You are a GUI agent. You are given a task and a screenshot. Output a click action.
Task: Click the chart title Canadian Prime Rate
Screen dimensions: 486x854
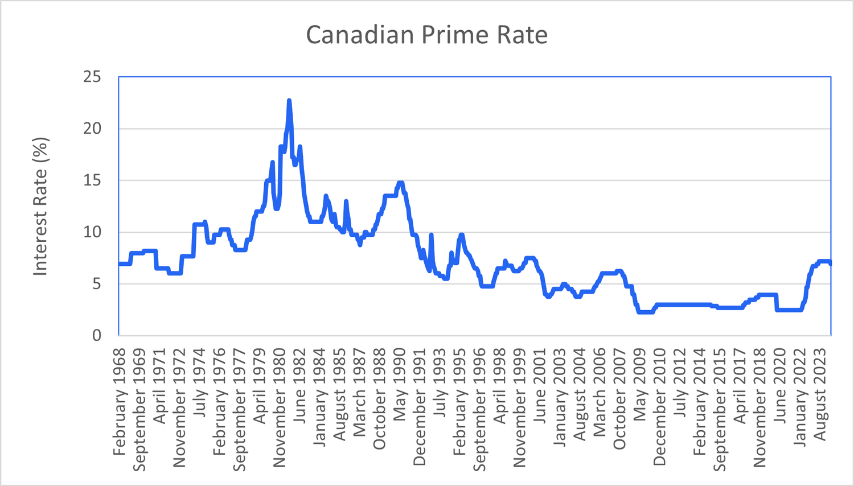(427, 35)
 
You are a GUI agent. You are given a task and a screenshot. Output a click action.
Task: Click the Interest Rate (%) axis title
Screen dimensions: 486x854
(40, 207)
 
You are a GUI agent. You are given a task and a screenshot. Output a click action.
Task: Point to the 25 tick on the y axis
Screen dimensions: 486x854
(92, 77)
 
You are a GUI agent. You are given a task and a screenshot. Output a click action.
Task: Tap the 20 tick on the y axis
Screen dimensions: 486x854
(92, 129)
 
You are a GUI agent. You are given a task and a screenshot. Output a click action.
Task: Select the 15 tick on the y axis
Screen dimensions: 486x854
(92, 180)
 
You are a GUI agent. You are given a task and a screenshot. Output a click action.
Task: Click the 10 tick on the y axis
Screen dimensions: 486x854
(92, 232)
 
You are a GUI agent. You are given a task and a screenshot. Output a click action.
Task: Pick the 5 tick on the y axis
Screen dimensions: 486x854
(97, 284)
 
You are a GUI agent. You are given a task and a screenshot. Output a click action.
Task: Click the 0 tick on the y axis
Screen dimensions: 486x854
(97, 335)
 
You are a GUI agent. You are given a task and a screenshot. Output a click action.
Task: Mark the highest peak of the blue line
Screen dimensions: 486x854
(289, 101)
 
